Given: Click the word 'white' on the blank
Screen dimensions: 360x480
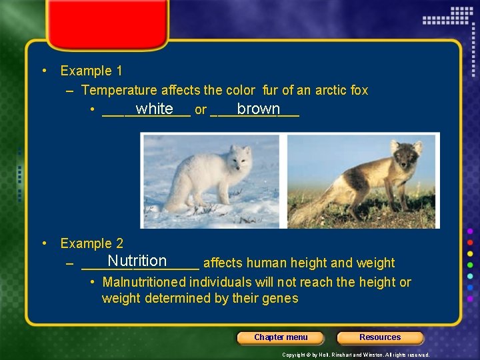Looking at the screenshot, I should pyautogui.click(x=154, y=109).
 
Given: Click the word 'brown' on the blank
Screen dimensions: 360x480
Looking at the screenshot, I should pyautogui.click(x=258, y=109).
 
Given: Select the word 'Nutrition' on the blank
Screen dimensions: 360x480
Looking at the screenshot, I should pyautogui.click(x=137, y=261).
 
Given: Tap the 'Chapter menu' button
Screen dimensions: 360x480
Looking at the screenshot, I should pyautogui.click(x=281, y=337).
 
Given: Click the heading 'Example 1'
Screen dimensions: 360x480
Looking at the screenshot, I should pyautogui.click(x=91, y=71).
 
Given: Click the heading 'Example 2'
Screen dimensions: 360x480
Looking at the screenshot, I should pyautogui.click(x=91, y=244).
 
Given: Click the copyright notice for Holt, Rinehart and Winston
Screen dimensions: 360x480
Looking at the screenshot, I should pyautogui.click(x=356, y=355).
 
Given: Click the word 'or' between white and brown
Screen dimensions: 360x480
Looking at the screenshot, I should pyautogui.click(x=200, y=110).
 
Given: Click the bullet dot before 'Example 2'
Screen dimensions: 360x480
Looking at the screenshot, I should pyautogui.click(x=44, y=244).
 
